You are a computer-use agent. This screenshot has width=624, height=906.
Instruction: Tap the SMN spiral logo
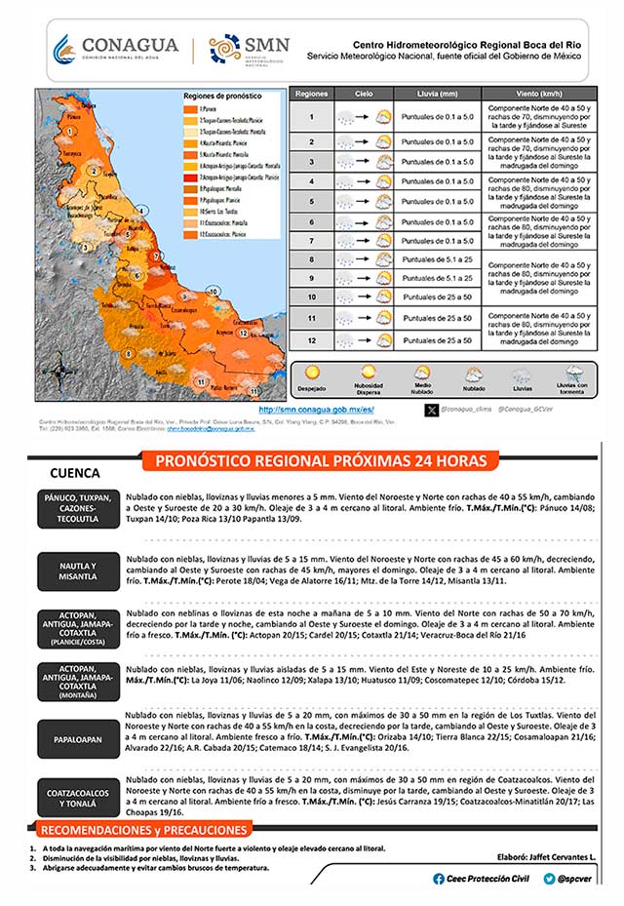[224, 48]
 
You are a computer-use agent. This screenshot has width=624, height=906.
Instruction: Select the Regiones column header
[311, 94]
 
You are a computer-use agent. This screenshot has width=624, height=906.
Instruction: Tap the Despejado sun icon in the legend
[312, 372]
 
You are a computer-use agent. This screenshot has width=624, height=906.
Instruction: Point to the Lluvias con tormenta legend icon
[575, 373]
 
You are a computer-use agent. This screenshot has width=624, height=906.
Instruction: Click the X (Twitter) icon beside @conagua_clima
[432, 411]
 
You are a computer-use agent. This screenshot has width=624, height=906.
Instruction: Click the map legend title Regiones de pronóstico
[224, 97]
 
